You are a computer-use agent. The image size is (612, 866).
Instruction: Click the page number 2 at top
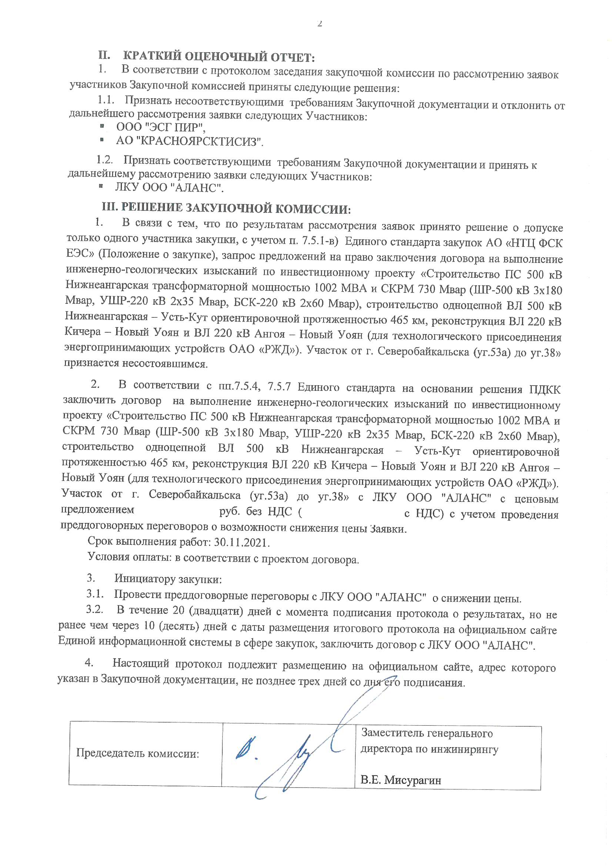click(320, 24)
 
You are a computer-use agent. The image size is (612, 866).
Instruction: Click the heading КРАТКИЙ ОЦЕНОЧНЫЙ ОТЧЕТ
click(219, 57)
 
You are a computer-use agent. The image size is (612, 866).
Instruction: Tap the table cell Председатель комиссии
click(138, 754)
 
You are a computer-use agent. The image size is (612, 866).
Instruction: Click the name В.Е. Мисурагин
click(401, 780)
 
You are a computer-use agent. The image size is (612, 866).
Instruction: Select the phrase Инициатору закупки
click(168, 579)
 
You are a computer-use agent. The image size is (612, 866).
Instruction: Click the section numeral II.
click(104, 56)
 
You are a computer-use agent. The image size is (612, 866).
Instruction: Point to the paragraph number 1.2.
click(104, 160)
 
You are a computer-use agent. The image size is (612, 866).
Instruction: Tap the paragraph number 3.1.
click(95, 594)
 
